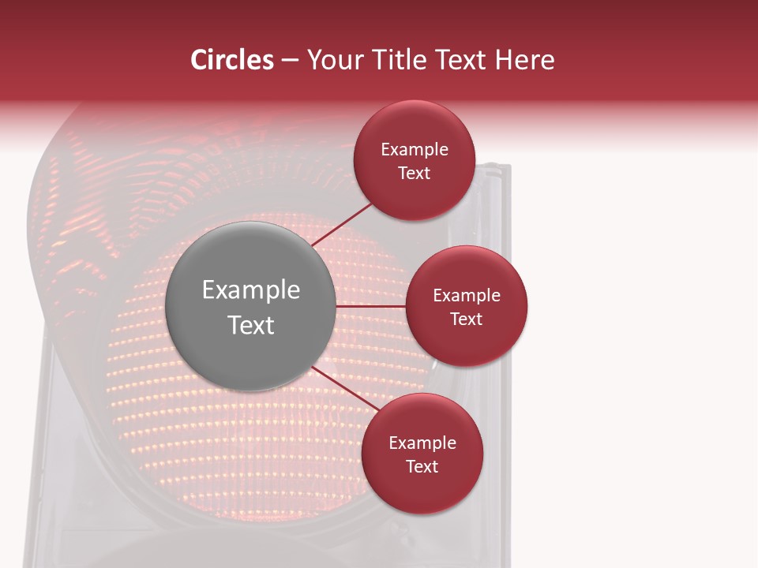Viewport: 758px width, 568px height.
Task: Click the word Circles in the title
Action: coord(232,60)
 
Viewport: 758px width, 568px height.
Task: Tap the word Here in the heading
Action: coord(524,60)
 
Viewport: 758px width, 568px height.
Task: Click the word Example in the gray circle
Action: coord(250,290)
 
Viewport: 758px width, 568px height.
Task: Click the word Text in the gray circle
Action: coord(250,325)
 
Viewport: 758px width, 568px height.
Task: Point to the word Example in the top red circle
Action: coord(414,150)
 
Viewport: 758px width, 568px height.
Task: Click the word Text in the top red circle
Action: coord(414,174)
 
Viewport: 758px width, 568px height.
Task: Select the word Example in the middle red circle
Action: coord(466,296)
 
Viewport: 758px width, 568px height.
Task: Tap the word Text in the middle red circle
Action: coord(466,319)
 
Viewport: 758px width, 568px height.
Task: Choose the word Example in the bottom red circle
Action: coord(422,443)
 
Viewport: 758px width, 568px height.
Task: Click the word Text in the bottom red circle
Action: coord(422,467)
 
